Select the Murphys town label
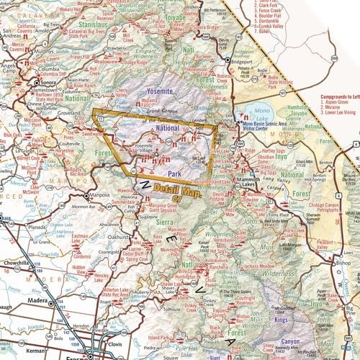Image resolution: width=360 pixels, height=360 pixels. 37,51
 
